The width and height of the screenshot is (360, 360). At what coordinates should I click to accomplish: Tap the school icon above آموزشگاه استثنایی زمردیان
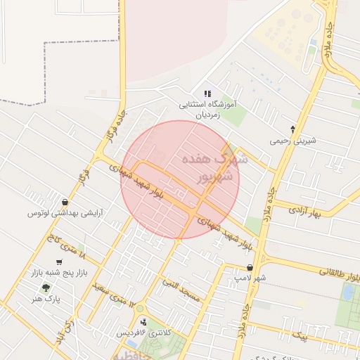(x=207, y=93)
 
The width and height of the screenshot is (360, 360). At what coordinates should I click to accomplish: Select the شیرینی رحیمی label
(x=293, y=141)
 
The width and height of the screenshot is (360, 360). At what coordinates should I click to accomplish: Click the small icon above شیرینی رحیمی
(x=293, y=129)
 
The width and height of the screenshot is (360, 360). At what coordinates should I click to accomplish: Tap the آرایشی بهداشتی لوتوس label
(x=65, y=212)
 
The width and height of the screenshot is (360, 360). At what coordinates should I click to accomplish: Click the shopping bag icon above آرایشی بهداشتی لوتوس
(x=65, y=202)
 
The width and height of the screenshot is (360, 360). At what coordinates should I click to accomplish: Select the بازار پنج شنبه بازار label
(x=58, y=272)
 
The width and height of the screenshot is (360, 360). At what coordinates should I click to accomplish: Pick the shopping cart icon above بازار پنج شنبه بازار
(x=58, y=262)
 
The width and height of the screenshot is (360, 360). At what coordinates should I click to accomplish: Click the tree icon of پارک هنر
(x=46, y=288)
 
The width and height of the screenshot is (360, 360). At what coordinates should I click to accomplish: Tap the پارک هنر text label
(x=46, y=299)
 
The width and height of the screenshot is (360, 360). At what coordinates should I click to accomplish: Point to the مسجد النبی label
(x=181, y=290)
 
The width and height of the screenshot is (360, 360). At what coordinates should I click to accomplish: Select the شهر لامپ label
(x=250, y=278)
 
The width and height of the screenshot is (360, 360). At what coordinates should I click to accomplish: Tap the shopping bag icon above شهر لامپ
(x=250, y=268)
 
